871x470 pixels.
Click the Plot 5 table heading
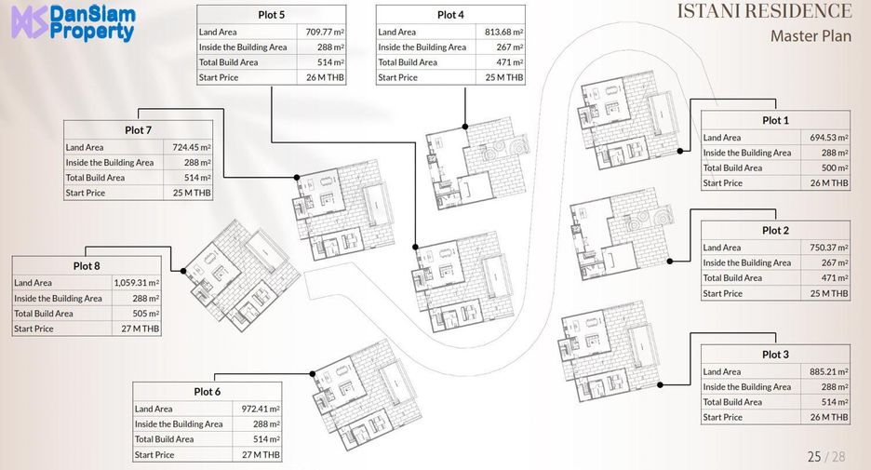[271, 15]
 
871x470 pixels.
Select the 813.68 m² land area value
[503, 33]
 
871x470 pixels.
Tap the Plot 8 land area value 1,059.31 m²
[137, 283]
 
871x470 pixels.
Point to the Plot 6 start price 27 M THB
[261, 454]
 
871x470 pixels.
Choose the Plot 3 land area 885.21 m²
[829, 371]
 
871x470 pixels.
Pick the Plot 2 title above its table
[775, 230]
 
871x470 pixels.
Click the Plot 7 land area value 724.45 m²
[192, 147]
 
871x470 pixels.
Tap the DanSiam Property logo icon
[30, 24]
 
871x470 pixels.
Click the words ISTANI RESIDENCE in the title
[764, 11]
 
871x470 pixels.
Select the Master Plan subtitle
[811, 36]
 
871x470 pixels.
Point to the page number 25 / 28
[826, 457]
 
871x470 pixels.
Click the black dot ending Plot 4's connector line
[465, 127]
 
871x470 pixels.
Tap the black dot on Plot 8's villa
[182, 271]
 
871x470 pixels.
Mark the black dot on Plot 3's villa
[660, 384]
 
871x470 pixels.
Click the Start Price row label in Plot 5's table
[219, 78]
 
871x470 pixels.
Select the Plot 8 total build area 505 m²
[145, 314]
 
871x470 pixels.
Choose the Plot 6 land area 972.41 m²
[261, 409]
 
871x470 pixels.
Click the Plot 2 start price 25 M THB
[829, 293]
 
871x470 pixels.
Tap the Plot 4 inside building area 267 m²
[510, 47]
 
